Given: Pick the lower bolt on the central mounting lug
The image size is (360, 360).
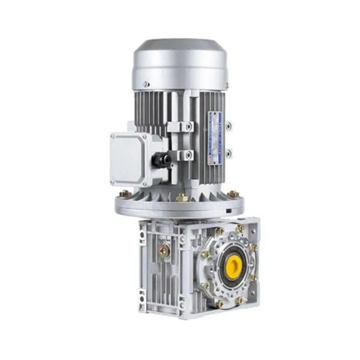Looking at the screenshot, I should click(188, 155).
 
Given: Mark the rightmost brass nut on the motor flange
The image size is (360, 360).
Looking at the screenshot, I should click(233, 194).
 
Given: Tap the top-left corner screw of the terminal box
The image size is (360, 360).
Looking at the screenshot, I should click(112, 137).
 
